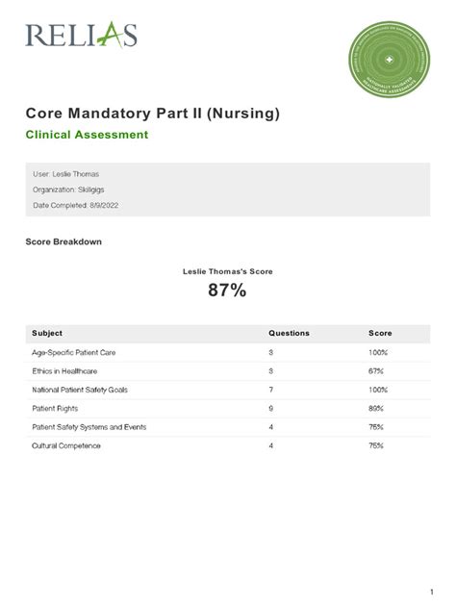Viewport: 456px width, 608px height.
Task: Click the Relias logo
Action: pyautogui.click(x=82, y=36)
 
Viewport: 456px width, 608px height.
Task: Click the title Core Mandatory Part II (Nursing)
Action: pyautogui.click(x=153, y=114)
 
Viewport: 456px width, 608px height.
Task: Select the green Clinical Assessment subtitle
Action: pyautogui.click(x=87, y=135)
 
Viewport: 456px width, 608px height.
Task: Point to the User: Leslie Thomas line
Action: pyautogui.click(x=66, y=174)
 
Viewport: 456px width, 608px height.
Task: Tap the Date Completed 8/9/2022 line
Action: pyautogui.click(x=76, y=205)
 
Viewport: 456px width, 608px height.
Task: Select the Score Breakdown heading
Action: pyautogui.click(x=63, y=241)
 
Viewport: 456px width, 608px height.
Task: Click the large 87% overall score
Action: pyautogui.click(x=227, y=291)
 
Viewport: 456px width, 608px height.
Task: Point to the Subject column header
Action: pyautogui.click(x=47, y=333)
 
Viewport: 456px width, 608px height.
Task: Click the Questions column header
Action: pyautogui.click(x=289, y=333)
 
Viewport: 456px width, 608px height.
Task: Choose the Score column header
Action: pyautogui.click(x=380, y=333)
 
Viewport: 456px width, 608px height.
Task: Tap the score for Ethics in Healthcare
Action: pyautogui.click(x=378, y=370)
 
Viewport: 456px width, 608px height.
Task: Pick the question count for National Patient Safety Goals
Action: pyautogui.click(x=271, y=390)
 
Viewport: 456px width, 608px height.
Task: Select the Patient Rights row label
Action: pyautogui.click(x=57, y=408)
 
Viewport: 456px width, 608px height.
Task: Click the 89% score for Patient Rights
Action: pyautogui.click(x=378, y=408)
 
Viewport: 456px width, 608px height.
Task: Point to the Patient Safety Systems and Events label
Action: pyautogui.click(x=89, y=426)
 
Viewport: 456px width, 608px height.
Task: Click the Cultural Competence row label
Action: pyautogui.click(x=66, y=445)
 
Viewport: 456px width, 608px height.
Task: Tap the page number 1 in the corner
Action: pyautogui.click(x=433, y=590)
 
